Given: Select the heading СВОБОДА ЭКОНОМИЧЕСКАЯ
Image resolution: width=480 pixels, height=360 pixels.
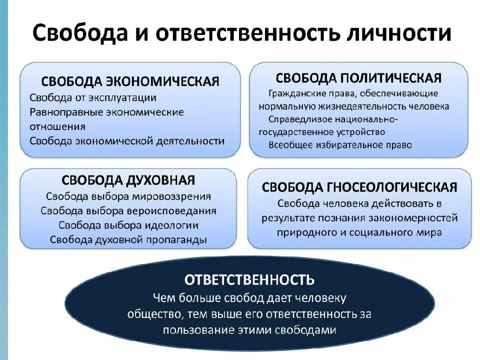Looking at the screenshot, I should [x=130, y=81].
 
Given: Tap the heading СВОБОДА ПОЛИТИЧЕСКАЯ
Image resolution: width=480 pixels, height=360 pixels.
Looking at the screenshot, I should [x=358, y=77].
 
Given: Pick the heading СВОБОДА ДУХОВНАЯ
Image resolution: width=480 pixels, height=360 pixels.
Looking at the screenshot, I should [x=128, y=180].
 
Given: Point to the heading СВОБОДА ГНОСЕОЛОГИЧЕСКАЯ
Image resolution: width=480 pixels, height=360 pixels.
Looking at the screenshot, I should [x=359, y=187].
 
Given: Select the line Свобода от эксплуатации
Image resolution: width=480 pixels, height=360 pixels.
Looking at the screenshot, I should [x=93, y=97].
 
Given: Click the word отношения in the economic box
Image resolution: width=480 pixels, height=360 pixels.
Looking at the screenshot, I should [x=57, y=126].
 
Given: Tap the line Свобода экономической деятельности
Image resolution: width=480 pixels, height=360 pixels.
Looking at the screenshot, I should [x=127, y=140].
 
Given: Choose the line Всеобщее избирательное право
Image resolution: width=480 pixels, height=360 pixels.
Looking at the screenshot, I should [x=340, y=145].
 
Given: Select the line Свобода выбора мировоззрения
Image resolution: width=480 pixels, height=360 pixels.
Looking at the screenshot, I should [x=128, y=196].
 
